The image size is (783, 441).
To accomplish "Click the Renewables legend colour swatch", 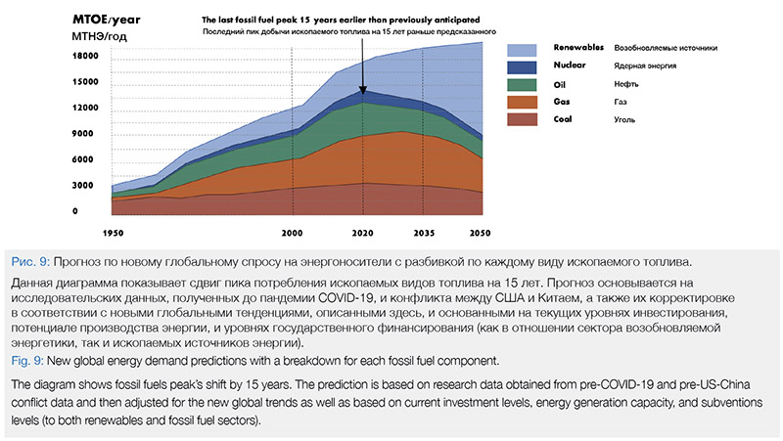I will (x=524, y=49).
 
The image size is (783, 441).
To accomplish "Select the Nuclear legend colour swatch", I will (x=524, y=66).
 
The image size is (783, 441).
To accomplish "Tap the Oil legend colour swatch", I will (x=524, y=84).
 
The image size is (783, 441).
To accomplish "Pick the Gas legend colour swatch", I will (x=524, y=102).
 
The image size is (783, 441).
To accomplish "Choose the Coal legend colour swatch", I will (x=524, y=119).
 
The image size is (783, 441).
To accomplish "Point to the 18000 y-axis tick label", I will (x=85, y=56).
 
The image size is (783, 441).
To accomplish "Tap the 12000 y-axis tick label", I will (x=85, y=108).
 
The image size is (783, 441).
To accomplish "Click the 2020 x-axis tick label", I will (x=364, y=236).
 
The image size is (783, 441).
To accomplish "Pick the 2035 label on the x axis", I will (x=424, y=236).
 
